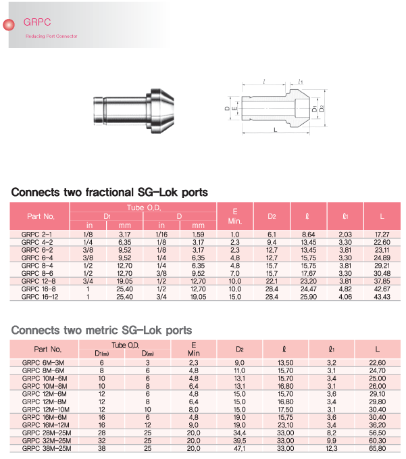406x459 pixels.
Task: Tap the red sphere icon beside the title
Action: (x=10, y=25)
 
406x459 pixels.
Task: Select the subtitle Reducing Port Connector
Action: (x=51, y=35)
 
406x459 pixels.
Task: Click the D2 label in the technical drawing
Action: (x=323, y=108)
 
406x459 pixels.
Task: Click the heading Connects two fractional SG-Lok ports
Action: (x=109, y=192)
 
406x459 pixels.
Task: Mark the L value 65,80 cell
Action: (x=378, y=448)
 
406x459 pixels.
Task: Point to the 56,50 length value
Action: (x=378, y=433)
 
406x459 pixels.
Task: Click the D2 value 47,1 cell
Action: (x=240, y=448)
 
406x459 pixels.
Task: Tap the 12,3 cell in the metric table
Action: (x=331, y=448)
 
